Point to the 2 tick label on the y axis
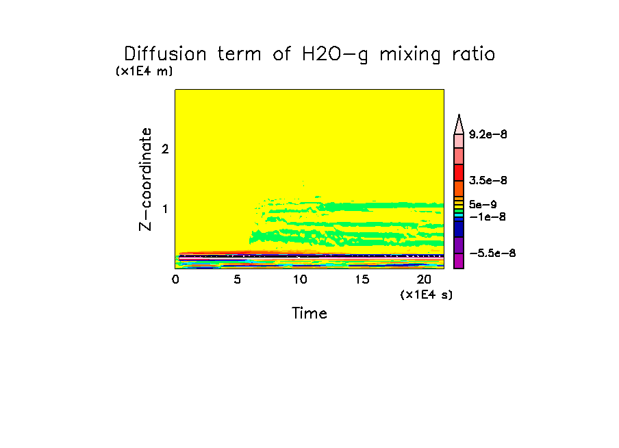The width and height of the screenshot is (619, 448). [164, 149]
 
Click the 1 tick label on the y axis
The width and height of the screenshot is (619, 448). [164, 208]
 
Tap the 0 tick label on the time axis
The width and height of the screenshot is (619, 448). [175, 279]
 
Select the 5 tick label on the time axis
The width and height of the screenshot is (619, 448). [238, 279]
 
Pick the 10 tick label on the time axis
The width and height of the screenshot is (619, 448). [300, 279]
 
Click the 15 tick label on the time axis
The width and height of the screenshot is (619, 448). [362, 279]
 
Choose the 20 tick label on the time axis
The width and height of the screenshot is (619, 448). [424, 279]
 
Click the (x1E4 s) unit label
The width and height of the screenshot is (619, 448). [427, 295]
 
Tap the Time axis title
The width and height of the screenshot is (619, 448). [309, 314]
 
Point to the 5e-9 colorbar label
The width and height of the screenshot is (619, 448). [483, 204]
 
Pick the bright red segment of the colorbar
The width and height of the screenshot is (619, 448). [459, 172]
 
